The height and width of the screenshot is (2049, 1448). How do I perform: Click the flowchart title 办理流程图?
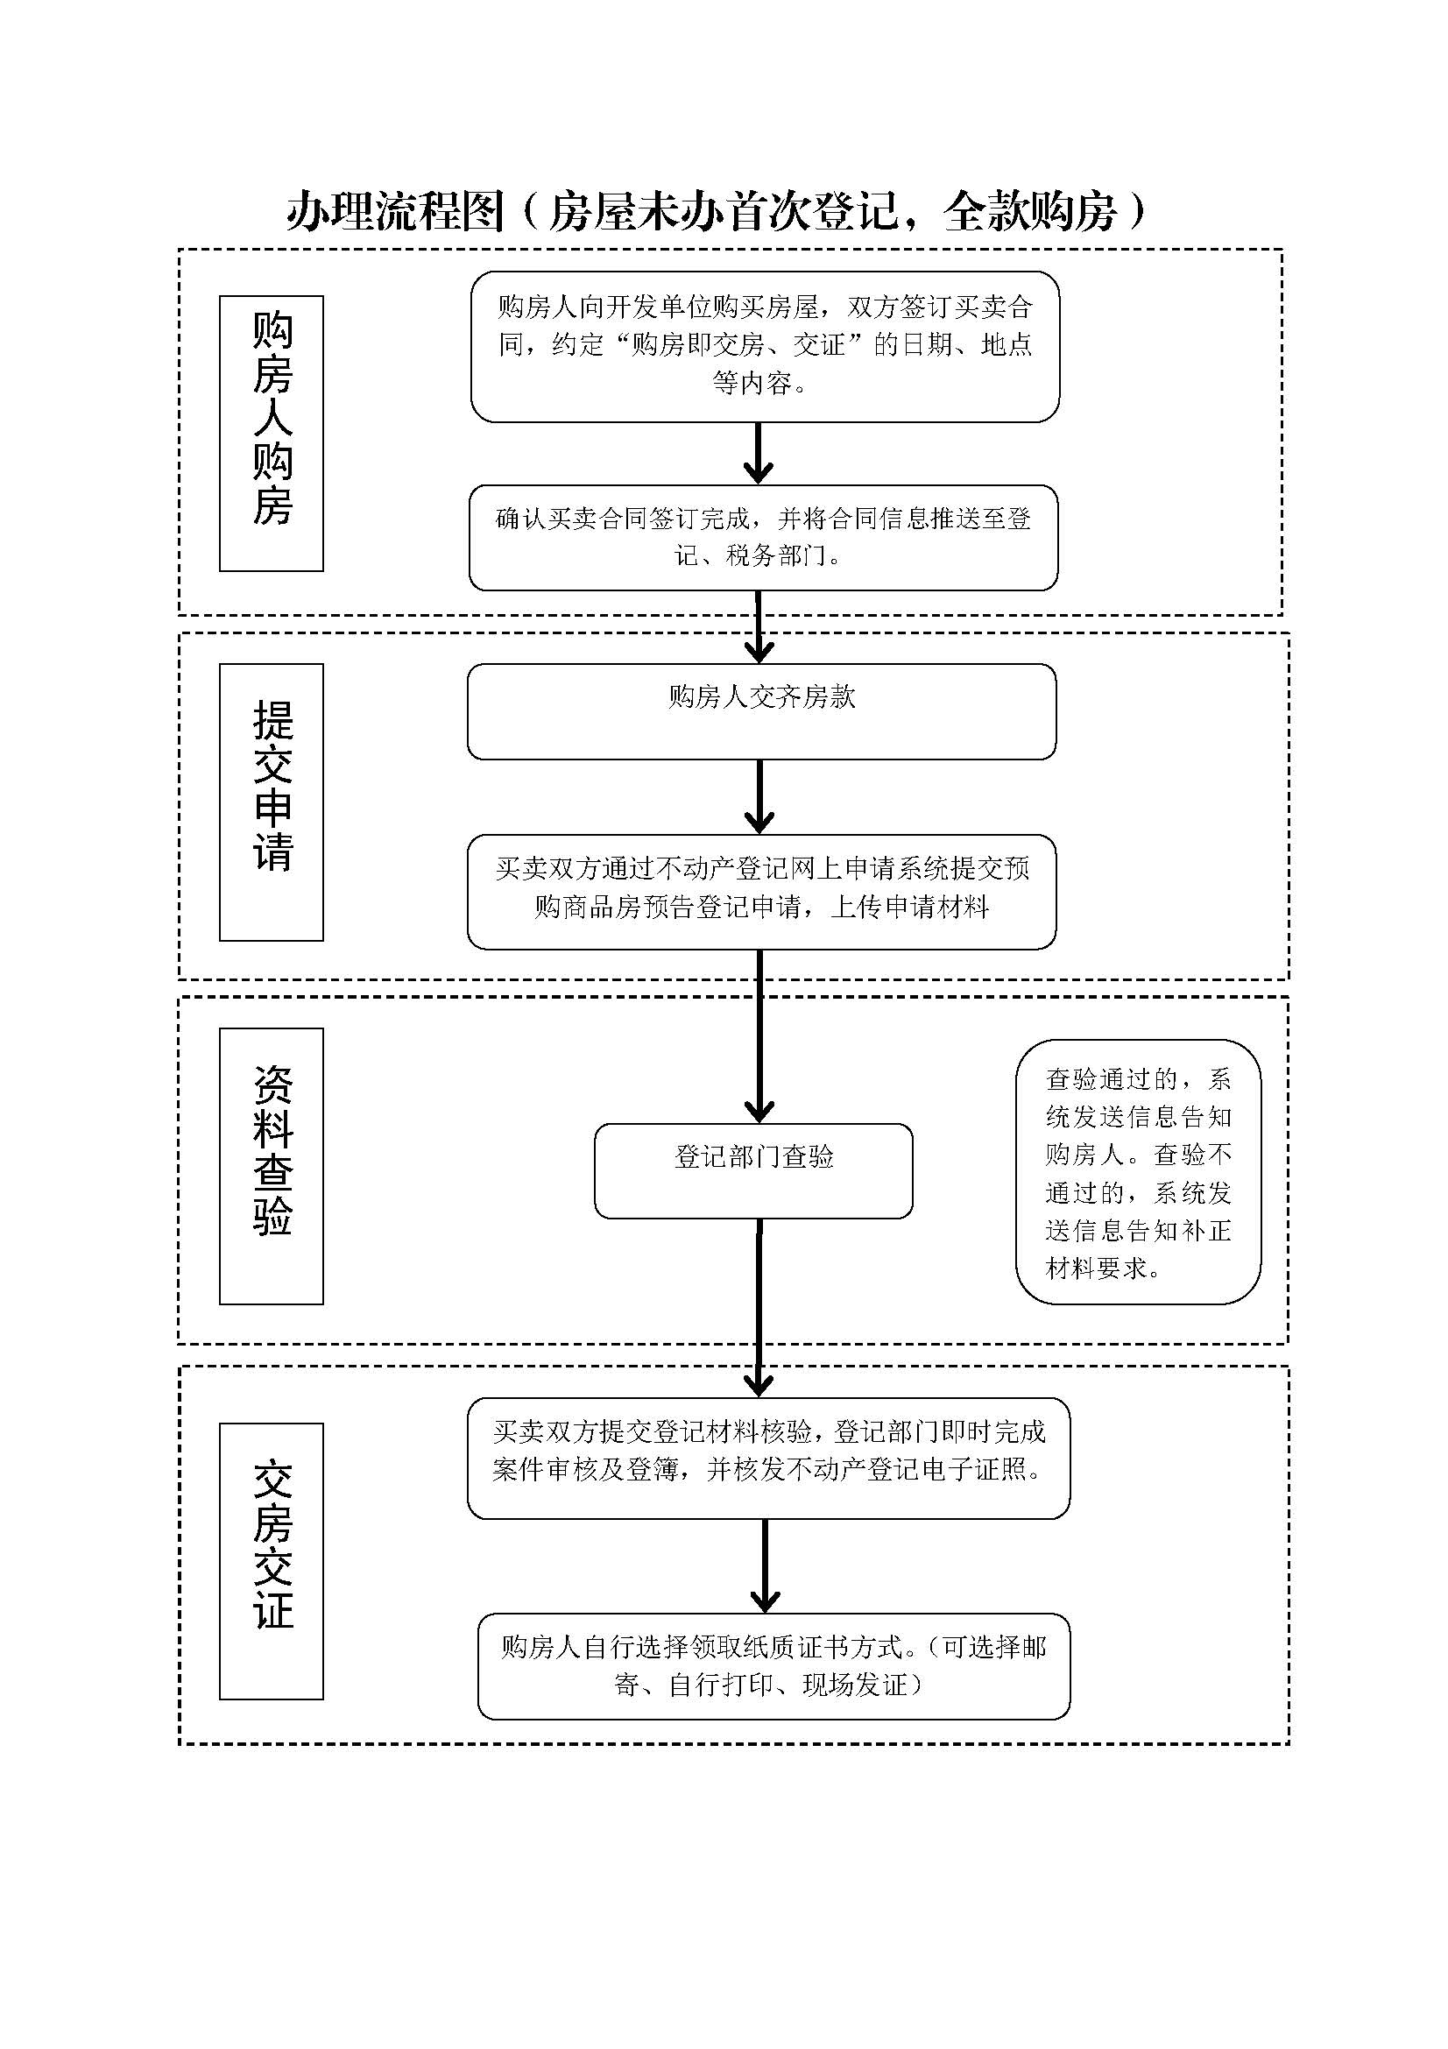coord(395,212)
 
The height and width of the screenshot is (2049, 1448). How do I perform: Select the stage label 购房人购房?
coord(272,433)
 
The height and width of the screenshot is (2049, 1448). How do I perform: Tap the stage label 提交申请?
coord(272,802)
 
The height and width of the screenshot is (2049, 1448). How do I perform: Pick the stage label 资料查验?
coord(272,1165)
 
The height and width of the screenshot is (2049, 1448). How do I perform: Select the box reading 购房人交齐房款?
coord(761,711)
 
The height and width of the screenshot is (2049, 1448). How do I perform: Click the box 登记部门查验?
coord(753,1170)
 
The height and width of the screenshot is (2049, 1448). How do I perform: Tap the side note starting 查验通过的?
coord(1138,1172)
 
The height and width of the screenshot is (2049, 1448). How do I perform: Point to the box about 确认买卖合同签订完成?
coord(763,537)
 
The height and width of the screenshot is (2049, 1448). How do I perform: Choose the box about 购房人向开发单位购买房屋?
coord(765,346)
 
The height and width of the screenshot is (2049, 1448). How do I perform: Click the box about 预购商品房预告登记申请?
coord(761,891)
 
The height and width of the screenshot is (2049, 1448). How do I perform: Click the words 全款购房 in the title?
coord(1029,212)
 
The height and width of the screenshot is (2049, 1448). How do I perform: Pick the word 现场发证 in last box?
coord(855,1684)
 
